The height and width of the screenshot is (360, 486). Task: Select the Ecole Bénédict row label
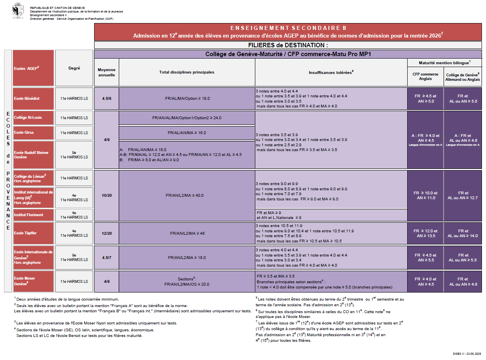[x=33, y=98]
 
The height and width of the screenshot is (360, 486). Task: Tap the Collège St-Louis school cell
[x=33, y=118]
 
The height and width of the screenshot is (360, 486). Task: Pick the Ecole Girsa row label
[x=33, y=133]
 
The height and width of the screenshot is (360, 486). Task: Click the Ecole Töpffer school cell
[x=33, y=233]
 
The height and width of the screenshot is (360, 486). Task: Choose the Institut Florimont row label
[x=33, y=215]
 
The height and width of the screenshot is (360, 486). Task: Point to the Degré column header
[x=74, y=68]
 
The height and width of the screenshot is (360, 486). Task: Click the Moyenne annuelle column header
[x=107, y=72]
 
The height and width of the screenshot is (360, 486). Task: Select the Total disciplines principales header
[x=187, y=72]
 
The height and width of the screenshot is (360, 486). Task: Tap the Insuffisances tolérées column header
[x=331, y=72]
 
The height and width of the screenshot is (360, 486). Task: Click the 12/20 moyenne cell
[x=107, y=233]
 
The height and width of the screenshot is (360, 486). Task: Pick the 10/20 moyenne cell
[x=107, y=196]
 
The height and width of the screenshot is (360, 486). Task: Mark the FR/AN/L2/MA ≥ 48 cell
[x=187, y=233]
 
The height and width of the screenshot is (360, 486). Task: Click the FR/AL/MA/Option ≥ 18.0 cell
[x=187, y=98]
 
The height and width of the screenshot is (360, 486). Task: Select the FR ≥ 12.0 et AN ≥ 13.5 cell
[x=425, y=233]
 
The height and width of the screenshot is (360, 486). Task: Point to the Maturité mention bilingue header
[x=444, y=63]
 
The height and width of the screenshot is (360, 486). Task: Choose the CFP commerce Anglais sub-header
[x=425, y=77]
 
